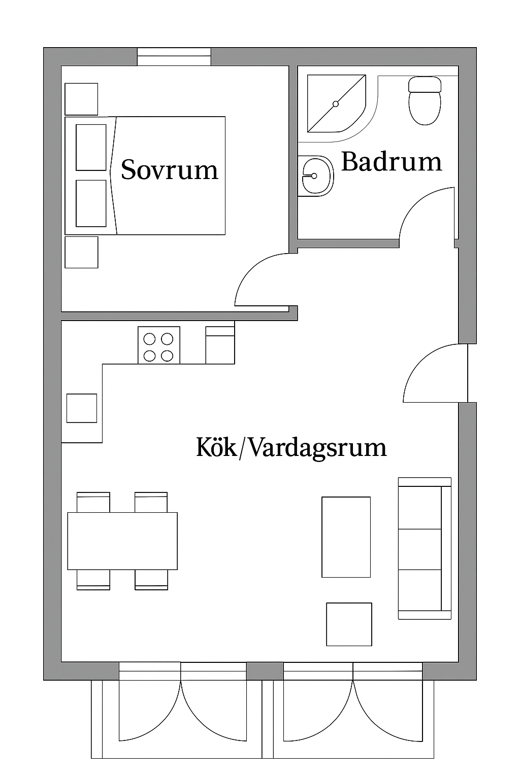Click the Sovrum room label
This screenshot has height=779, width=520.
(169, 170)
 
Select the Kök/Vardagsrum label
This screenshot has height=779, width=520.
(291, 448)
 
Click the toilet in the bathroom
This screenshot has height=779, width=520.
(425, 100)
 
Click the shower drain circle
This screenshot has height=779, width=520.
(336, 103)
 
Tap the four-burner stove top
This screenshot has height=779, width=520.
(159, 345)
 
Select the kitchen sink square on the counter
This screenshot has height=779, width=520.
(81, 408)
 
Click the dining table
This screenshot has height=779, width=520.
(122, 541)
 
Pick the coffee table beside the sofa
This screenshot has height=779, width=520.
(346, 537)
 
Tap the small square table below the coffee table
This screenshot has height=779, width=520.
(349, 624)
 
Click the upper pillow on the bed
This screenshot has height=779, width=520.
(91, 148)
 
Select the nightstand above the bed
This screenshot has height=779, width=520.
(81, 99)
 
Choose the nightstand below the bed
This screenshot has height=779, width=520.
(81, 252)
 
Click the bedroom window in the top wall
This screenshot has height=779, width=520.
(174, 57)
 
